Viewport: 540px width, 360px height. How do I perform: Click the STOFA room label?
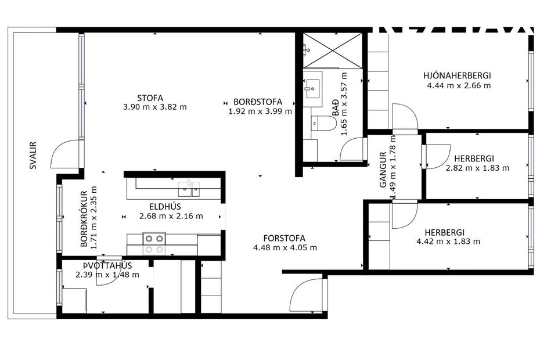coord(150,98)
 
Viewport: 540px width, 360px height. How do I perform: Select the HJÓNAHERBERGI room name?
coord(458,75)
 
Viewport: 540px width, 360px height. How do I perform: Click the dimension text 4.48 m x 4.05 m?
coord(285,247)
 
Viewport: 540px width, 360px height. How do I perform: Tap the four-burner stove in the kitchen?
coord(154,243)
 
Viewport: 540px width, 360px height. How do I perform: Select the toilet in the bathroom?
coord(324,124)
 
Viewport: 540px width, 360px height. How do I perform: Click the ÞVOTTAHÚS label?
coord(99,265)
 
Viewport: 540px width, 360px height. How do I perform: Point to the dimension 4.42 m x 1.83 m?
coord(449,241)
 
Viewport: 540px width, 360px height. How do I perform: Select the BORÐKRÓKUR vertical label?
coord(84,219)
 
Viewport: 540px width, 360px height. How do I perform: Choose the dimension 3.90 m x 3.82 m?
coord(155,107)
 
